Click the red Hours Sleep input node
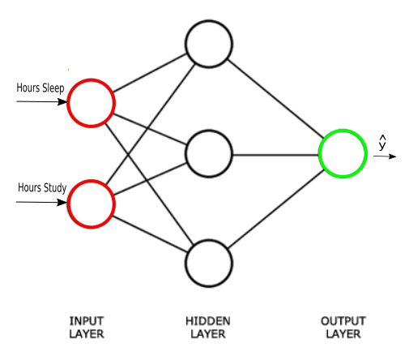coord(68,103)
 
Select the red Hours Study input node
coord(68,204)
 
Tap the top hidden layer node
coord(186,44)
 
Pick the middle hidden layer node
coord(186,154)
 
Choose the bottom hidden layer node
coord(186,264)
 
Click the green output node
coord(319,154)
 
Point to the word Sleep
coord(53,88)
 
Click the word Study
coord(55,188)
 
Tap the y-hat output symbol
coord(382,143)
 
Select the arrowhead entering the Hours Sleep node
coord(62,102)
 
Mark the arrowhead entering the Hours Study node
coord(62,202)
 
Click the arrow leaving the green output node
coord(385,156)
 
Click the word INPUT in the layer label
coord(87,321)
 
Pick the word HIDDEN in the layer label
coord(208,321)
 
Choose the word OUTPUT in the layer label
coord(343,321)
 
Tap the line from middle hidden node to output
coord(275,155)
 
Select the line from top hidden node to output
coord(275,99)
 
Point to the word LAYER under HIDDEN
coord(208,334)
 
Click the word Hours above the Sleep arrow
coord(28,88)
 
